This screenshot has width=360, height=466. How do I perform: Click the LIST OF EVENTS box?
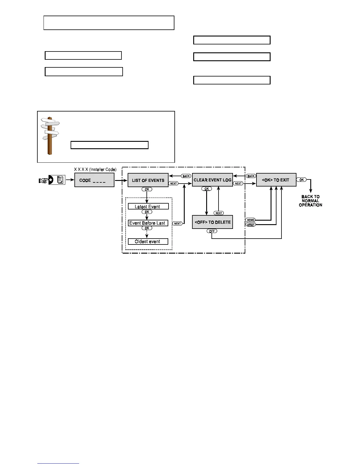[148, 180]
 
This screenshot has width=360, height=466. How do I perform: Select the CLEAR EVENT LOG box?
[212, 180]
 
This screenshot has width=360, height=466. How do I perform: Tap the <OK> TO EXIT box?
[276, 180]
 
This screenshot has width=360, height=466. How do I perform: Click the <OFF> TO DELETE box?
[212, 222]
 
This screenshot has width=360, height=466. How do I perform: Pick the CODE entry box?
[94, 180]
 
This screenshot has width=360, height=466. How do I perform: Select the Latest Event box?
[148, 207]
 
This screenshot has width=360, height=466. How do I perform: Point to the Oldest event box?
[148, 242]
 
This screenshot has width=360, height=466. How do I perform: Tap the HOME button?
[251, 220]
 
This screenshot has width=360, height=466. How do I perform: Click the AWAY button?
[251, 224]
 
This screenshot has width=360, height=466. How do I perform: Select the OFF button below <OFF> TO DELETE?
[212, 231]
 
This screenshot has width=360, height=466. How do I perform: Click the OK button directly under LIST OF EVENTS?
[147, 189]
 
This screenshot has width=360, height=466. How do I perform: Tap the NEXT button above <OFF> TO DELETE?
[219, 213]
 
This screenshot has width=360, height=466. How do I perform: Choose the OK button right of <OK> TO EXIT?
[301, 180]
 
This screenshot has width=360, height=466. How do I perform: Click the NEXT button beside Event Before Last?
[177, 224]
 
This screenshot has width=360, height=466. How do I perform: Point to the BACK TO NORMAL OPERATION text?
[310, 201]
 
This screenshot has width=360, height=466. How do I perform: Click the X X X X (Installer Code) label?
[95, 169]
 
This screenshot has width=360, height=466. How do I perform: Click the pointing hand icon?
[43, 180]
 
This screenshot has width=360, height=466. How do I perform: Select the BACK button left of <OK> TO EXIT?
[251, 176]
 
